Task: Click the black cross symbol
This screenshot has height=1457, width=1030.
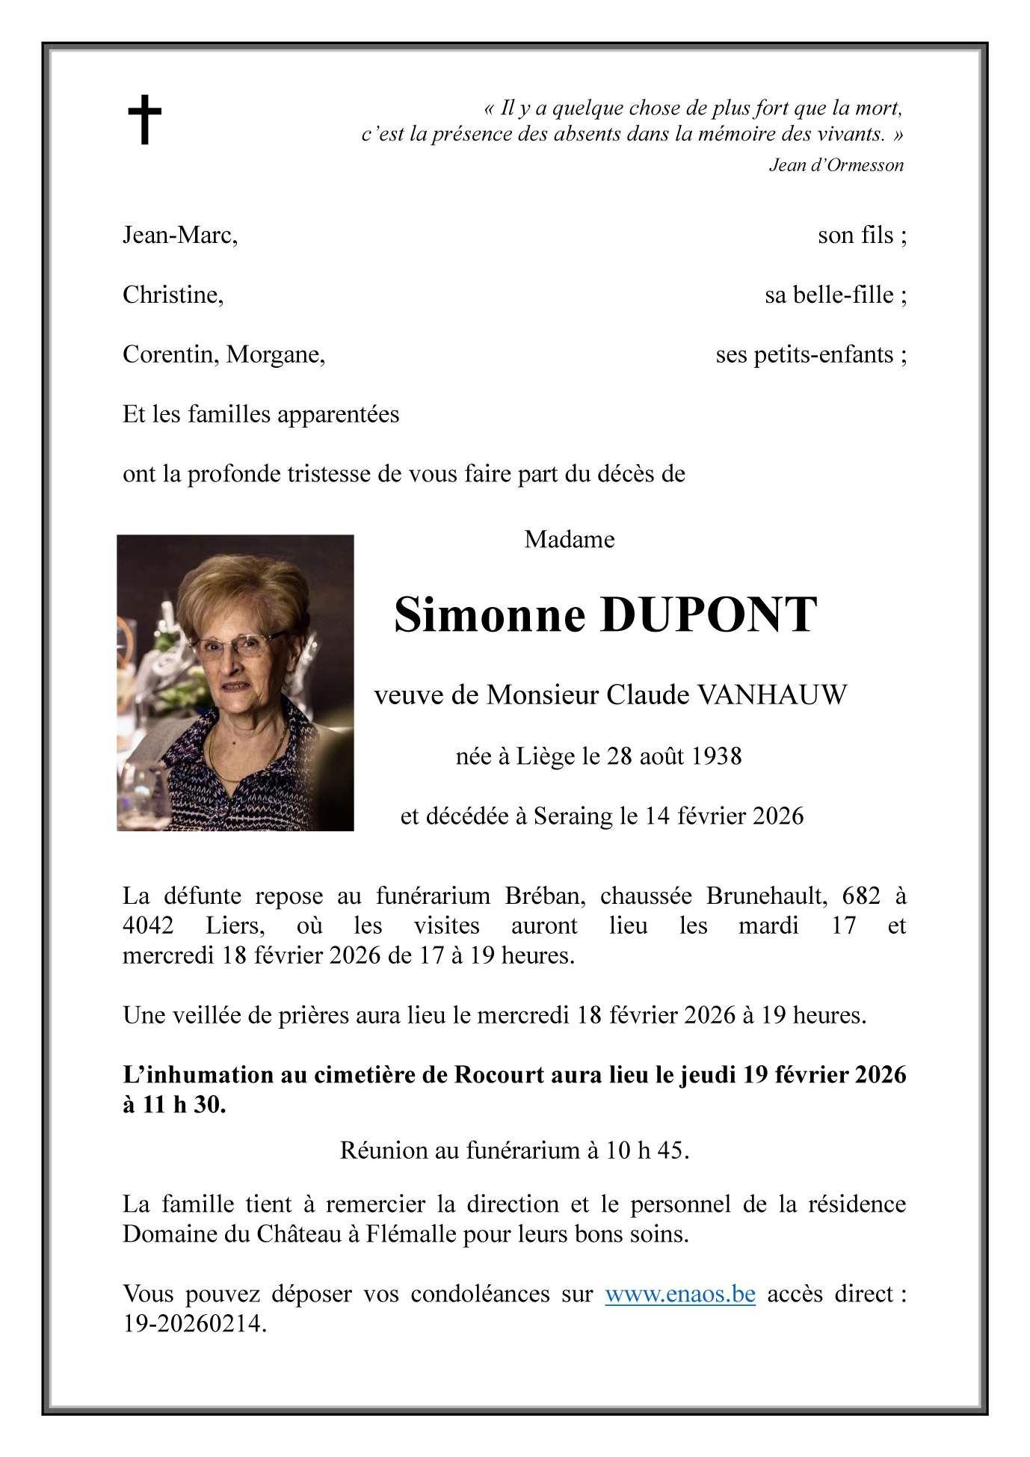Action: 144,120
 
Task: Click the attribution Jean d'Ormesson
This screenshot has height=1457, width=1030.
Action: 836,165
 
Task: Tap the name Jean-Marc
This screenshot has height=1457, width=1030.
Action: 179,235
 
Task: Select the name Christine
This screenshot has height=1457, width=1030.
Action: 173,295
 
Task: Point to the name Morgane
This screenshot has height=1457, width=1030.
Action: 275,354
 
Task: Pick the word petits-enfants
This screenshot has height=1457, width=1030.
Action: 823,354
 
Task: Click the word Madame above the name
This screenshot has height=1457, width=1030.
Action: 569,539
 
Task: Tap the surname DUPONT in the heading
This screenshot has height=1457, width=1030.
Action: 708,615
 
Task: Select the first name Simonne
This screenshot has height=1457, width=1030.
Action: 490,615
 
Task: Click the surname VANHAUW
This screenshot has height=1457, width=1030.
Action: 772,695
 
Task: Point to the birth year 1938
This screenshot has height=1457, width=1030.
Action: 716,757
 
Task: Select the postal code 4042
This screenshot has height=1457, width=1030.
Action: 148,925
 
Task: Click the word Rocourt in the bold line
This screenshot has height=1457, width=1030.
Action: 499,1075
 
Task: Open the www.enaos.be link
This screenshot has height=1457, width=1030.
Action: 679,1294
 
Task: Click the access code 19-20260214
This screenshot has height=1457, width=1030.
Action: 194,1324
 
